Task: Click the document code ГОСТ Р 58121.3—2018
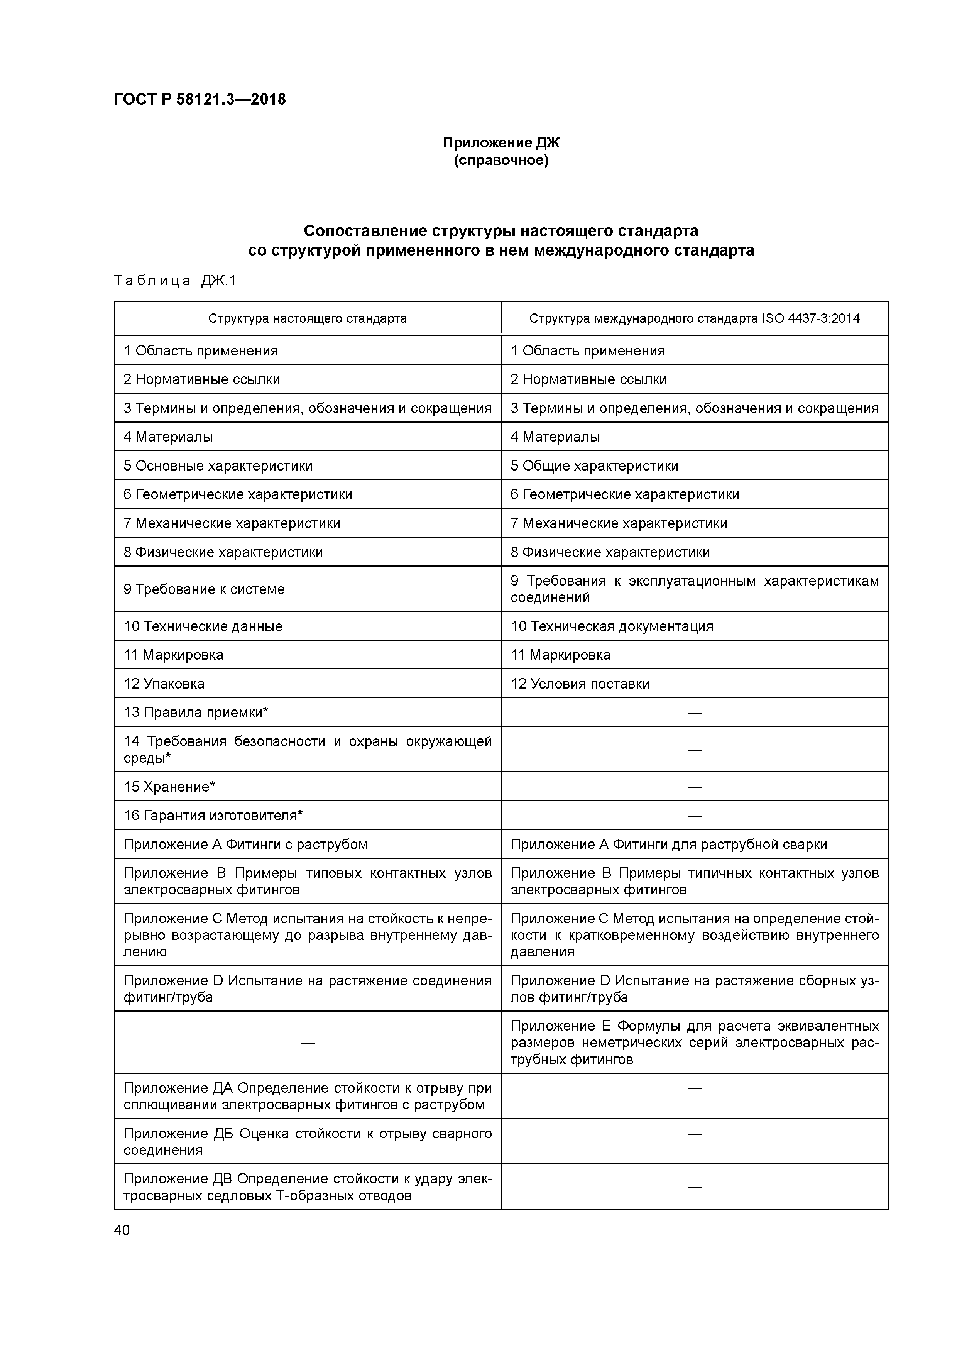tap(200, 100)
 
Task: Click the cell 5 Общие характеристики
tap(594, 466)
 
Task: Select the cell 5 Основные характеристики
tap(218, 466)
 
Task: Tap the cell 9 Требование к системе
tap(204, 589)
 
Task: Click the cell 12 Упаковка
tap(164, 684)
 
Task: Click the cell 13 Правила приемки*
tap(196, 713)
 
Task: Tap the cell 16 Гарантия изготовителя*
tap(213, 816)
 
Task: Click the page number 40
tap(122, 1230)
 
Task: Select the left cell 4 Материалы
tap(168, 437)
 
